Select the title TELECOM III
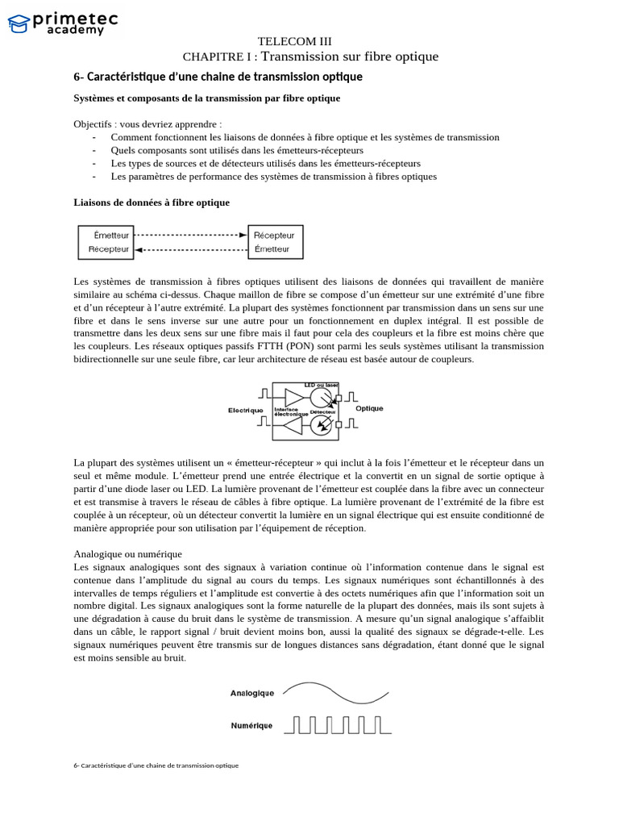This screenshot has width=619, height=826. coord(294,41)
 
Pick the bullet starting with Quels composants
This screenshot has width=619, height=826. coord(237,150)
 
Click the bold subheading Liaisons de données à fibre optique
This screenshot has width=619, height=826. coord(152,202)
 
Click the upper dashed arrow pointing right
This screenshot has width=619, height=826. coord(192,235)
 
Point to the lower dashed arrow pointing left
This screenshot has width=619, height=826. coord(192,250)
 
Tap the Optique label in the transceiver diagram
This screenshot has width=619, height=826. coord(369,408)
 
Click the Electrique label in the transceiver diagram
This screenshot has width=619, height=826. coord(246,410)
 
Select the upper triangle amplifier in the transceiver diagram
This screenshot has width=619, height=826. coord(294,397)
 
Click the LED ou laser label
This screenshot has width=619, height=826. coord(321,385)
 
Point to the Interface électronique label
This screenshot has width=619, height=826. coord(291,411)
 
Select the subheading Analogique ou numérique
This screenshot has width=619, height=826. coord(127,554)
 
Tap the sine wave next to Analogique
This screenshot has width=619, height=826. coord(335,692)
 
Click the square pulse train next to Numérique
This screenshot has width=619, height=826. coord(338,725)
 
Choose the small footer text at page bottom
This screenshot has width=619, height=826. coord(156,765)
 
